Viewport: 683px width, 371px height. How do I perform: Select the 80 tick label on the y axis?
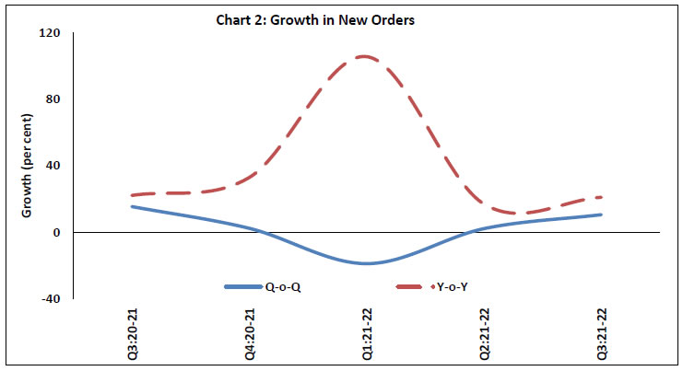click(x=53, y=99)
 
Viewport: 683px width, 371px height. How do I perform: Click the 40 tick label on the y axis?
click(x=53, y=166)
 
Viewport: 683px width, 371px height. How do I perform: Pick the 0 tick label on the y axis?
click(x=56, y=232)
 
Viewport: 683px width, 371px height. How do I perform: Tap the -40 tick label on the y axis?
click(x=51, y=298)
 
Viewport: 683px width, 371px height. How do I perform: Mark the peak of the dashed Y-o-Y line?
click(x=365, y=56)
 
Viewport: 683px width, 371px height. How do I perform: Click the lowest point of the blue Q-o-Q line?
click(x=366, y=263)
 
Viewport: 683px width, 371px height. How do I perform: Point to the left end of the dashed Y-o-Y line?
click(x=132, y=195)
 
